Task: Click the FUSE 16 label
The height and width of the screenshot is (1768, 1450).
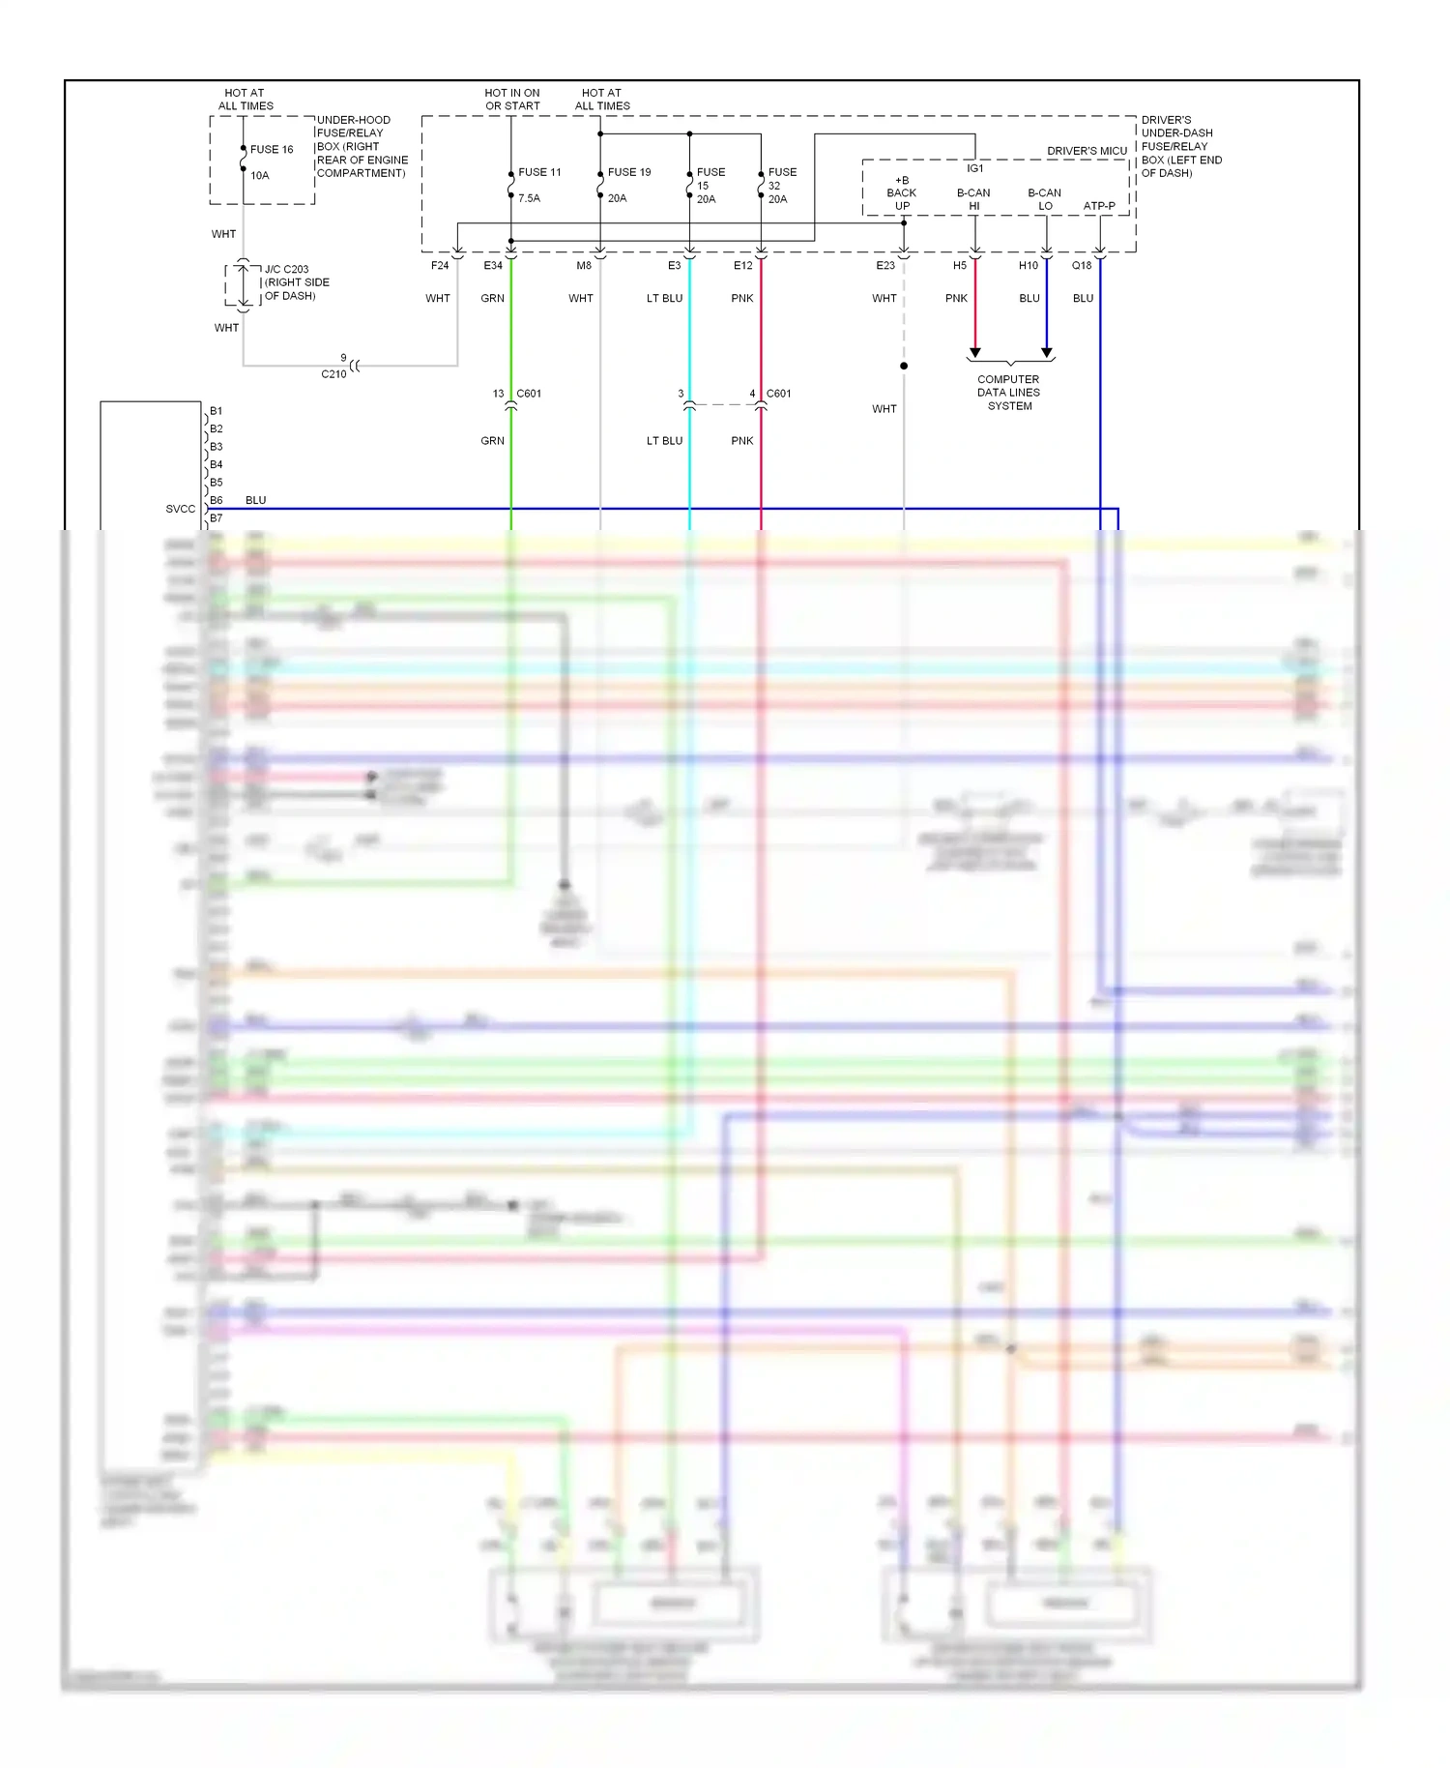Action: (x=271, y=150)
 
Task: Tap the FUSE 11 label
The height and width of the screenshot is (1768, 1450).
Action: (x=539, y=172)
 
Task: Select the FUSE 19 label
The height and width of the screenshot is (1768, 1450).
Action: (x=629, y=172)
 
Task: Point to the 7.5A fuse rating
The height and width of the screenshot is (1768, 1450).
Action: (x=529, y=198)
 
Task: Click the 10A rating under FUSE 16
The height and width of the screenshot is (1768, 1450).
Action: (x=260, y=176)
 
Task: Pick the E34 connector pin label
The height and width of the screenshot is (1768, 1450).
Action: (x=493, y=266)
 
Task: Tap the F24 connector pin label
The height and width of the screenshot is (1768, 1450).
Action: (x=440, y=266)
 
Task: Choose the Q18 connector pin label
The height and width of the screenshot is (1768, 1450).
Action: (x=1082, y=266)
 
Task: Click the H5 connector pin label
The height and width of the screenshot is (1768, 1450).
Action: (x=960, y=266)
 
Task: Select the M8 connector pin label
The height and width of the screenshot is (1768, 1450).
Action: (x=584, y=266)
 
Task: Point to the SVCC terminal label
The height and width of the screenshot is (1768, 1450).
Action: (x=180, y=509)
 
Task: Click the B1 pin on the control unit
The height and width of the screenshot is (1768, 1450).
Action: (x=216, y=411)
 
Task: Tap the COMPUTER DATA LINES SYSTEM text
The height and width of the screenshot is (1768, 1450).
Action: (x=1009, y=393)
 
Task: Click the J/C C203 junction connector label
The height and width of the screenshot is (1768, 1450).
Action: (x=287, y=270)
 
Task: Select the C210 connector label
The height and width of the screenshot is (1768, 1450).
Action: (x=333, y=374)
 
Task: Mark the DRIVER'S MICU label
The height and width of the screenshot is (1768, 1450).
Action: (x=1087, y=151)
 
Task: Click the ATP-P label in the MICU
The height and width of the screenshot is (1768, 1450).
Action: (x=1099, y=206)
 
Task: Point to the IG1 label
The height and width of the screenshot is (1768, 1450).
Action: (x=975, y=168)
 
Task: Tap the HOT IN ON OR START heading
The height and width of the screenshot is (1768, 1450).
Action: (x=512, y=100)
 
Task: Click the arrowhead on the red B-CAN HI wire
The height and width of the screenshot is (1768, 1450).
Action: (x=975, y=353)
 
